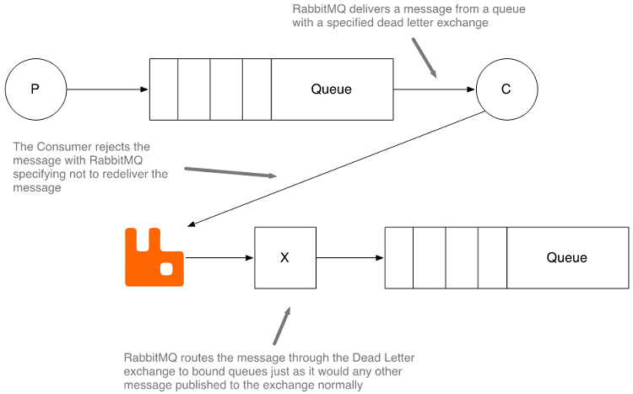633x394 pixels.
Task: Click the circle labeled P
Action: pos(35,89)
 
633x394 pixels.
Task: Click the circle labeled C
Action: pos(506,89)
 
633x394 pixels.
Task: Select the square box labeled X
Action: pos(284,257)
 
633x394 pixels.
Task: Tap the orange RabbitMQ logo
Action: pos(154,256)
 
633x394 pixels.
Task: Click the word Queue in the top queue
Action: pos(331,89)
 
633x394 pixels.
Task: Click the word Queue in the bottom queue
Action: pos(566,257)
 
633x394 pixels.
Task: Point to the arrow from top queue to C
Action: pos(434,89)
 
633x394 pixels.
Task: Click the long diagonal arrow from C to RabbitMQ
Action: pos(338,170)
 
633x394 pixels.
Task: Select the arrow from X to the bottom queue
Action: pos(349,257)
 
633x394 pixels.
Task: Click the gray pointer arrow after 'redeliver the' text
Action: pos(230,172)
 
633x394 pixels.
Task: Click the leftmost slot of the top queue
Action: pos(164,89)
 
